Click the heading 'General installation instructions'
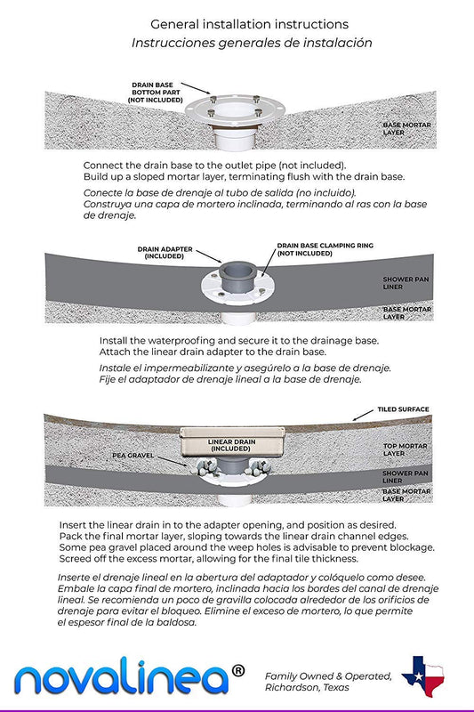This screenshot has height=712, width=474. (x=250, y=24)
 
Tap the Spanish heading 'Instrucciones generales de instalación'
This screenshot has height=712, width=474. (x=252, y=43)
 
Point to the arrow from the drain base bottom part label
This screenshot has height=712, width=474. (x=196, y=88)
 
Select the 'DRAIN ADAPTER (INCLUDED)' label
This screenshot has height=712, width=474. (x=165, y=253)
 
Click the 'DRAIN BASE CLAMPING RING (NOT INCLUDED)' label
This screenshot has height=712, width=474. (x=325, y=249)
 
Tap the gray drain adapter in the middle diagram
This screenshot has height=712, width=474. (x=237, y=276)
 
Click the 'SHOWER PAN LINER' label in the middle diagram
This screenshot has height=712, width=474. (x=406, y=283)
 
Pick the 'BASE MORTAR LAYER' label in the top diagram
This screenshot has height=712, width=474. (x=407, y=128)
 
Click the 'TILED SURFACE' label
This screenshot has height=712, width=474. (x=403, y=409)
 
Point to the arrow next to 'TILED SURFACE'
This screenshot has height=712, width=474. (x=364, y=415)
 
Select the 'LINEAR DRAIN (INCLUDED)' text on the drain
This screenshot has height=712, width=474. (x=231, y=445)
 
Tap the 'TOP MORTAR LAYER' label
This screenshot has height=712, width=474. (x=405, y=449)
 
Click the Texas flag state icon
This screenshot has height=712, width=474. (x=422, y=676)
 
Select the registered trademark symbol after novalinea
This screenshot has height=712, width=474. (x=238, y=670)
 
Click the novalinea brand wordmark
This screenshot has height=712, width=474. (x=122, y=677)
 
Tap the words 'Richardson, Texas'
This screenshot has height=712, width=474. (x=307, y=687)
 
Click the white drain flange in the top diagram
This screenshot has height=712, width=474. (x=235, y=110)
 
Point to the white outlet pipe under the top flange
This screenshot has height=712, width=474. (x=235, y=139)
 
